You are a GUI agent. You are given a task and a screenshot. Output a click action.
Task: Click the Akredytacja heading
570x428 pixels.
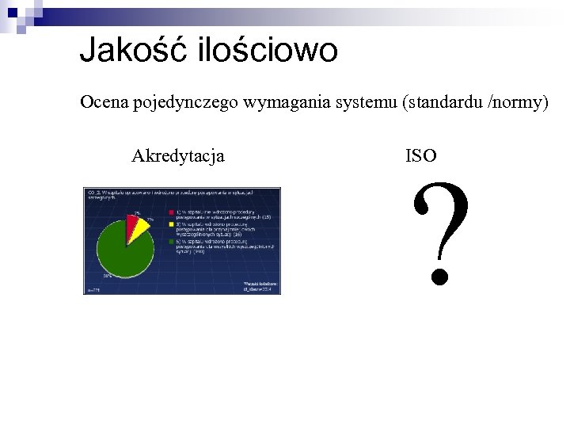(177, 155)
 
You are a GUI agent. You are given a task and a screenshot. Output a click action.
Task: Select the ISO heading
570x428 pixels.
(420, 156)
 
